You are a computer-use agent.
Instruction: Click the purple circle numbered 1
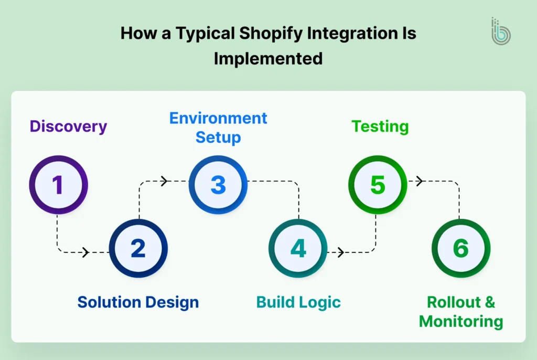click(58, 185)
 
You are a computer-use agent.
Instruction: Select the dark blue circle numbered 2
click(138, 248)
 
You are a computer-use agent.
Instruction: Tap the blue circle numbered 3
click(218, 185)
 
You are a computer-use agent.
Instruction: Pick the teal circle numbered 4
click(298, 248)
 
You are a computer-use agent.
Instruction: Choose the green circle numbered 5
click(378, 185)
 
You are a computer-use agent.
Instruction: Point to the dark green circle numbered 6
click(460, 248)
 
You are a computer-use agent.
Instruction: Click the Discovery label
click(68, 126)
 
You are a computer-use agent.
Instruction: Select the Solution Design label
click(138, 302)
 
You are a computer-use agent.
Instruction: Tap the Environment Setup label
click(218, 128)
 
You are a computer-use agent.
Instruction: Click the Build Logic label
click(298, 302)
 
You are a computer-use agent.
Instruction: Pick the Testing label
click(380, 126)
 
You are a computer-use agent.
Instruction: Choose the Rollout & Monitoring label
click(461, 312)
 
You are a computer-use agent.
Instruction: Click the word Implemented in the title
click(268, 58)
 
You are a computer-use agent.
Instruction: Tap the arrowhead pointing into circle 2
click(85, 252)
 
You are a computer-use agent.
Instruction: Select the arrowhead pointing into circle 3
click(164, 181)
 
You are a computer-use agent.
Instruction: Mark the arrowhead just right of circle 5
click(419, 181)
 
